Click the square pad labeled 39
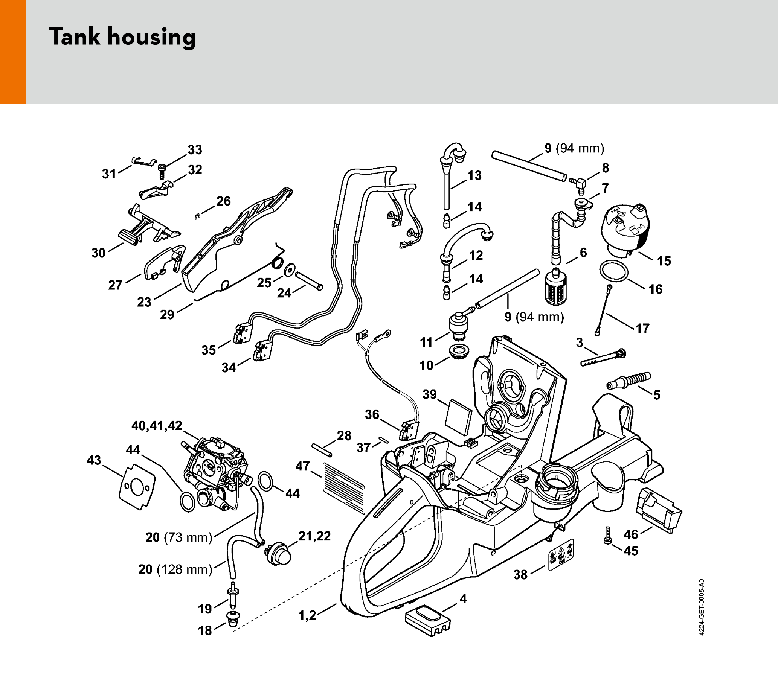pyautogui.click(x=458, y=417)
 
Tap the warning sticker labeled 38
pyautogui.click(x=561, y=554)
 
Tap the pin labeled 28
pyautogui.click(x=322, y=450)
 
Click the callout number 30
pyautogui.click(x=98, y=253)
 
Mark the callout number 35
pyautogui.click(x=209, y=350)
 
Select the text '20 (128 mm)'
pyautogui.click(x=175, y=569)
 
